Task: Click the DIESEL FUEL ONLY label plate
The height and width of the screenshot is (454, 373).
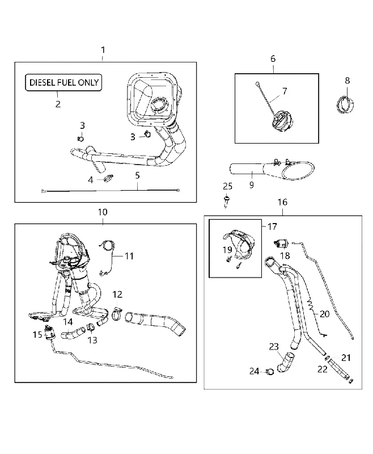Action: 63,82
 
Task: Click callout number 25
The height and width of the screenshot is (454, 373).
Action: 227,186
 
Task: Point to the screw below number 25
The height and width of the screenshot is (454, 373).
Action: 226,201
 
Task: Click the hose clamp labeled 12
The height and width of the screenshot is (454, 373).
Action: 116,314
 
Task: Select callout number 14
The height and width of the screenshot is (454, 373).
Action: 68,322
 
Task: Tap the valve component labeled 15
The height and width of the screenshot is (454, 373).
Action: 49,332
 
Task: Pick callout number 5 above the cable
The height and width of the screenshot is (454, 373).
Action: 137,175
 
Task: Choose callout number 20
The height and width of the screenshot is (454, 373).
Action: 325,314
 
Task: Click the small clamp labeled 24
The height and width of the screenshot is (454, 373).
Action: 269,372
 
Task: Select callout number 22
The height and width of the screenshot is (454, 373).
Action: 323,369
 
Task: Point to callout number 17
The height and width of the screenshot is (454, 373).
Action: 272,226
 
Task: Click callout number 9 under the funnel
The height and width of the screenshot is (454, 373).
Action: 252,185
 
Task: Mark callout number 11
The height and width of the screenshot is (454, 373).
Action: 129,256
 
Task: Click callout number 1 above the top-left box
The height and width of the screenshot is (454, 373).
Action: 103,50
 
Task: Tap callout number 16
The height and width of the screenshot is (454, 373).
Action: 282,202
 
